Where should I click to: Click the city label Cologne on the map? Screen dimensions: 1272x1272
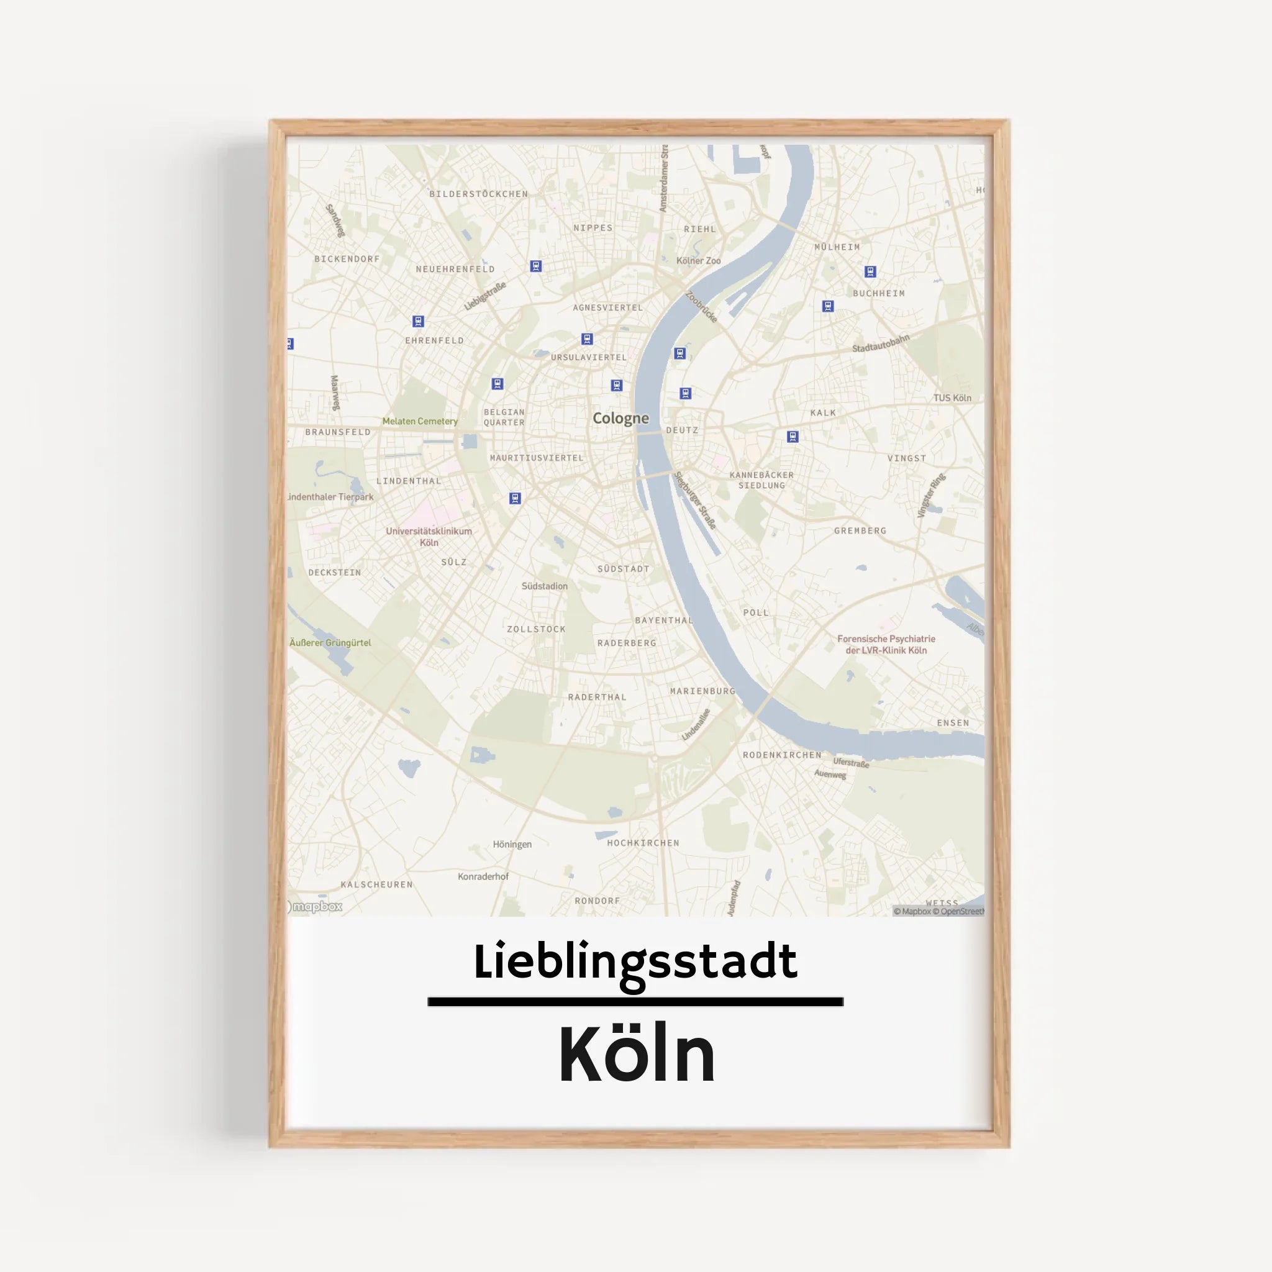(620, 418)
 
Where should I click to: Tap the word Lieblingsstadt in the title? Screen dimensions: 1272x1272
(635, 961)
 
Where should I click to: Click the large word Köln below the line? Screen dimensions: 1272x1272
(637, 1055)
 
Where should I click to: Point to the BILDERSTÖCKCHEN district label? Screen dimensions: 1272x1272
(478, 194)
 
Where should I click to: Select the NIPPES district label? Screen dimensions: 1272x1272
(593, 228)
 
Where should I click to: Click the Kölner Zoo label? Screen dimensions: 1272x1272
(698, 261)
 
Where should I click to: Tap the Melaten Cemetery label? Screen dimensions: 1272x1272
(419, 421)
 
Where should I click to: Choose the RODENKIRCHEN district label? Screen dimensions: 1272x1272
(781, 755)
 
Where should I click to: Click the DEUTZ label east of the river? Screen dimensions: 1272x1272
(681, 430)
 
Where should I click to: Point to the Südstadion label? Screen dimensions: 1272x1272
(544, 586)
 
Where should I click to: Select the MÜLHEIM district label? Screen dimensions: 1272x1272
(837, 247)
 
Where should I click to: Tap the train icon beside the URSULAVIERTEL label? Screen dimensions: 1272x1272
(586, 339)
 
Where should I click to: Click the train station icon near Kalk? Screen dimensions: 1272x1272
(793, 437)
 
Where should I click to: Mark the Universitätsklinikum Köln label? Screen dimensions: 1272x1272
(429, 537)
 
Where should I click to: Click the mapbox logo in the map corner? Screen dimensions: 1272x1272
(316, 907)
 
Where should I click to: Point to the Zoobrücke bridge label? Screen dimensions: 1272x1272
(701, 307)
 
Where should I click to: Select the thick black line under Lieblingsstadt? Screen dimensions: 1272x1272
(635, 1001)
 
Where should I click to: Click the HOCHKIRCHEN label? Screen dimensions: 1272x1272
(643, 843)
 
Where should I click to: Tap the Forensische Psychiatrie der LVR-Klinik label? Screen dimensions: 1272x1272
(886, 645)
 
